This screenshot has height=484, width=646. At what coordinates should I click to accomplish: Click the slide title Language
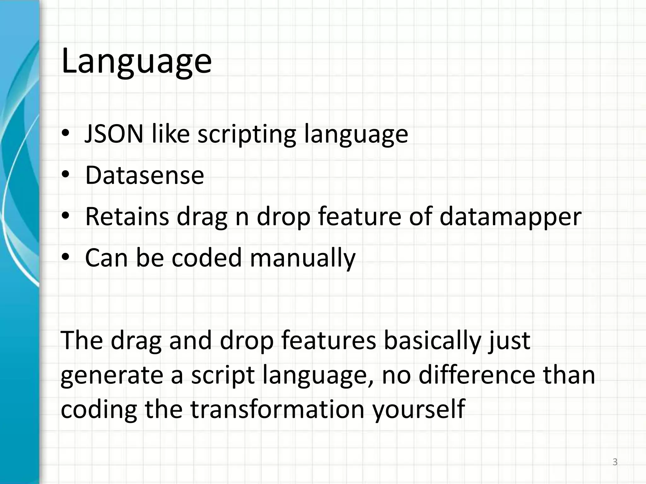point(136,61)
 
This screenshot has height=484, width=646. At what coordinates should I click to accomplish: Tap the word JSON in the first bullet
point(114,134)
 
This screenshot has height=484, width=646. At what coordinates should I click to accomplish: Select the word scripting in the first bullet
point(246,134)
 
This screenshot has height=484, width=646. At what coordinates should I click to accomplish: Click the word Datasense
point(144,175)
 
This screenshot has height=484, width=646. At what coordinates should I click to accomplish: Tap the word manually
point(302,258)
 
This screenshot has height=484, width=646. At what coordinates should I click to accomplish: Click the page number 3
point(615,462)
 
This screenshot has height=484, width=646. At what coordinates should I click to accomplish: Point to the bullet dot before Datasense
point(65,175)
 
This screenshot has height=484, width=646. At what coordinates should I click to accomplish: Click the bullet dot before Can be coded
point(65,258)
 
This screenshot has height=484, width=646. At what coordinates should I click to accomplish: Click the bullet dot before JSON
point(65,134)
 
